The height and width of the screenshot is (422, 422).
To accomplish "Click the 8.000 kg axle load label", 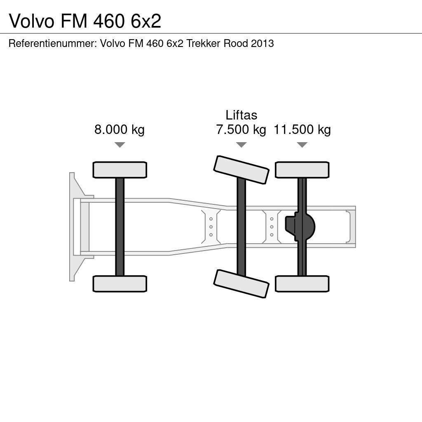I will point(120,130).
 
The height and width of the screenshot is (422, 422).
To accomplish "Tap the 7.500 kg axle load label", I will point(241,130).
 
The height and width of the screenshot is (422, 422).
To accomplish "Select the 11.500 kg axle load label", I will point(302,130).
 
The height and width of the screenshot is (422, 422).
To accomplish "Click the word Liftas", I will point(241,115).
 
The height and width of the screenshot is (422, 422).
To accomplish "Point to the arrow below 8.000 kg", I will point(120,145).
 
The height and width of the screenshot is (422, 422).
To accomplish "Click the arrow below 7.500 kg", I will point(241,145).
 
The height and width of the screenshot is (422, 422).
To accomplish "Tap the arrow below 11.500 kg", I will point(302,145).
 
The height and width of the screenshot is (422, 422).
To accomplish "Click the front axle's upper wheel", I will point(120,170).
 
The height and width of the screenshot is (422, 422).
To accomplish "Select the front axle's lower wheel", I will point(120,284).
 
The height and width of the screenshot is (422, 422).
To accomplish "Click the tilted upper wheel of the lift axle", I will point(241,170).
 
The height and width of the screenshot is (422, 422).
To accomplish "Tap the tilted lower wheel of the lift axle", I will point(241,284).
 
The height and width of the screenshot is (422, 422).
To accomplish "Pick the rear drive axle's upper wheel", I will point(302,170).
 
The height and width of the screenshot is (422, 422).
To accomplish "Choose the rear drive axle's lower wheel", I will point(302,284).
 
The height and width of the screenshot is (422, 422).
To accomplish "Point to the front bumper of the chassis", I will point(73,227).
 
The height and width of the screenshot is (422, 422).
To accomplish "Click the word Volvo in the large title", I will point(32,21).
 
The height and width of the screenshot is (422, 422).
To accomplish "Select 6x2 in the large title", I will point(146,21).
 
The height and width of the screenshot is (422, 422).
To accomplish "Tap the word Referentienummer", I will point(52,43).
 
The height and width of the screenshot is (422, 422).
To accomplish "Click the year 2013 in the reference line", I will point(262,43).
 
